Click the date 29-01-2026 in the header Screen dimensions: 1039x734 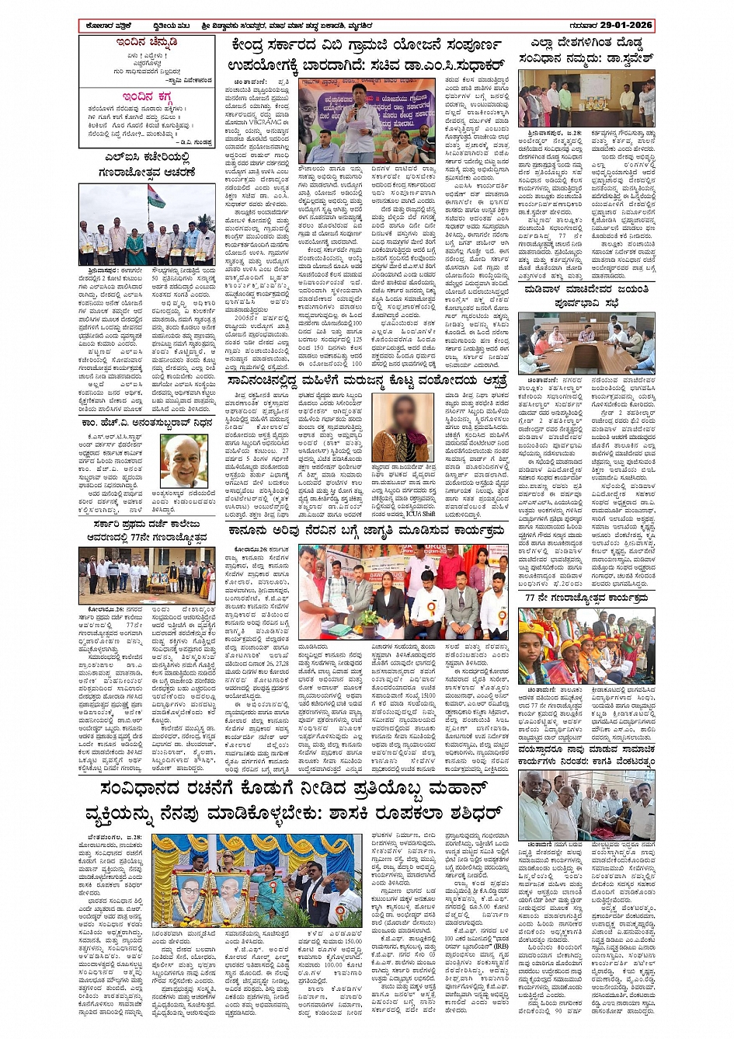point(621,25)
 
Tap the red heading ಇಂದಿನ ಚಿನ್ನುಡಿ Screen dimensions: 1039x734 point(146,41)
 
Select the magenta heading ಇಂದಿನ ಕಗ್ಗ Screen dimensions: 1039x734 point(146,96)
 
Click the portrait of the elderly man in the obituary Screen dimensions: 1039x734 point(184,461)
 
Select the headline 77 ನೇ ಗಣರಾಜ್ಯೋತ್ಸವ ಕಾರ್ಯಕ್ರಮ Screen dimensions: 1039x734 point(586,598)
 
